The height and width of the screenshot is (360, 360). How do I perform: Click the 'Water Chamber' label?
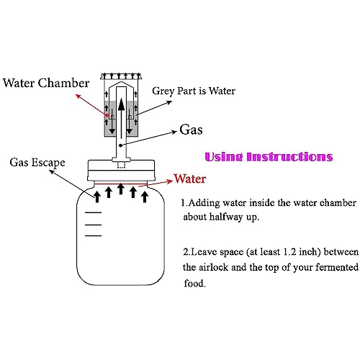click(46, 83)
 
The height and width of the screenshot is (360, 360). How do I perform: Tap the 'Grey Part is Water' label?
click(194, 91)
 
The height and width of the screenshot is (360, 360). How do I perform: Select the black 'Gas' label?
click(191, 130)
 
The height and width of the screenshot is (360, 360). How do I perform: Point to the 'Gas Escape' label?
click(37, 163)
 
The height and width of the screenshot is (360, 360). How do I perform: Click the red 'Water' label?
click(190, 179)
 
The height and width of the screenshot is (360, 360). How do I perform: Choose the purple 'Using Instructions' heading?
click(269, 157)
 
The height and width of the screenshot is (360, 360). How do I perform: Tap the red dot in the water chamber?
click(107, 115)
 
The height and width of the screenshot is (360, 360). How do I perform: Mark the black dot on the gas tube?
click(121, 145)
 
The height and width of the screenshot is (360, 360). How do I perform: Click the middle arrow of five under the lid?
click(121, 189)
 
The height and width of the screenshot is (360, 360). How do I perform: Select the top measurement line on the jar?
click(93, 212)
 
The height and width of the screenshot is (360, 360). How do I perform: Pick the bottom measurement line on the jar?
click(93, 235)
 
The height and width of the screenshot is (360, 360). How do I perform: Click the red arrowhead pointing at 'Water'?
click(170, 181)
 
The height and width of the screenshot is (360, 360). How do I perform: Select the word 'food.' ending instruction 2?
click(195, 283)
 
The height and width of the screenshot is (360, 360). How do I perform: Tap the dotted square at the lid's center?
click(122, 165)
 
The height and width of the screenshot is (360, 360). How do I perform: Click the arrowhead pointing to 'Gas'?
click(174, 132)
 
